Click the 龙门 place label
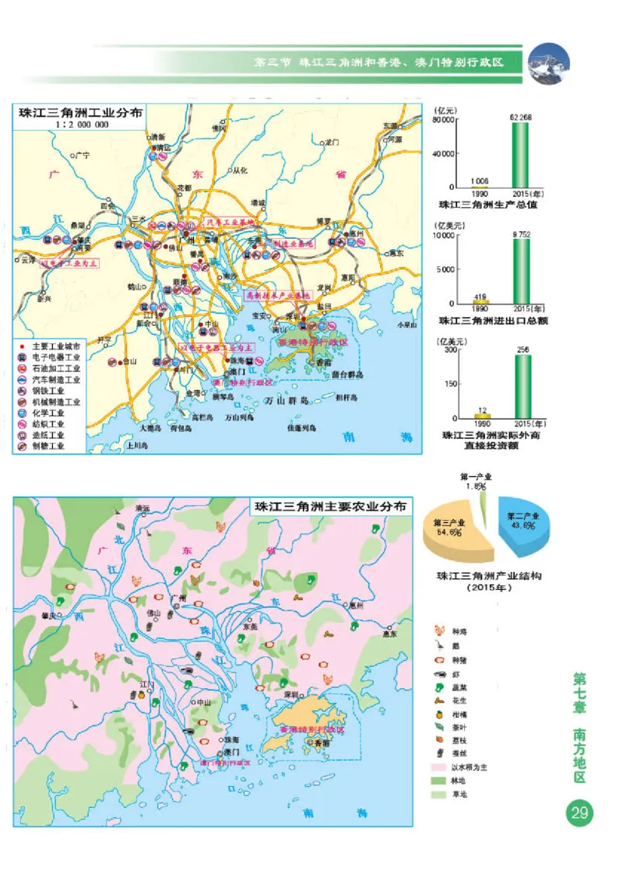333,142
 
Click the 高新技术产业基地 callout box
278,296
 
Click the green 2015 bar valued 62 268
519,155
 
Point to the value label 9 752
520,233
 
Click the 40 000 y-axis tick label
442,154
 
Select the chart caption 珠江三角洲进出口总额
490,320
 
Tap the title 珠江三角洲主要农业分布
330,506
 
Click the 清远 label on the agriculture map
142,509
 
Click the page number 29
579,813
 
